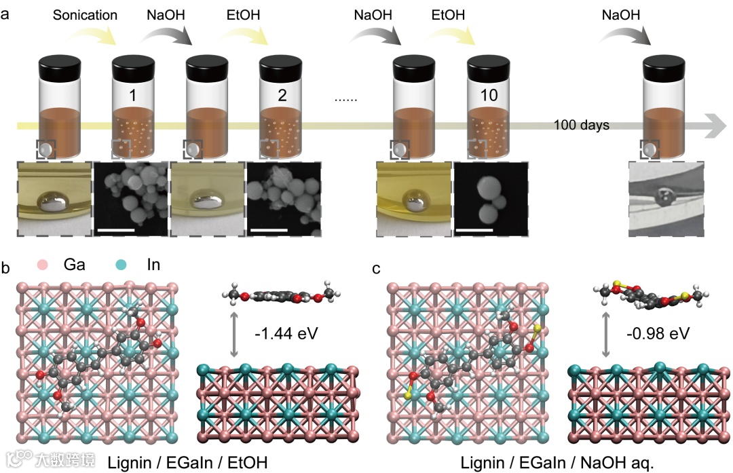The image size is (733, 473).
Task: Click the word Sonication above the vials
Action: tap(85, 15)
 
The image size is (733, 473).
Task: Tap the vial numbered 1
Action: tap(132, 109)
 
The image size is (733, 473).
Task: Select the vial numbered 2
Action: tap(282, 109)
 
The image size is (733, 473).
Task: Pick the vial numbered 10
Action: tap(489, 109)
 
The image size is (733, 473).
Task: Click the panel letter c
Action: tap(377, 269)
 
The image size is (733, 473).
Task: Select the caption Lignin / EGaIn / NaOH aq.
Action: tap(557, 463)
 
